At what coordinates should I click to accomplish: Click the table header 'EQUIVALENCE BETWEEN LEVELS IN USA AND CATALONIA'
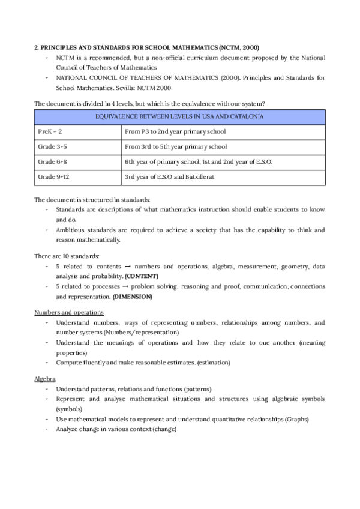[179, 116]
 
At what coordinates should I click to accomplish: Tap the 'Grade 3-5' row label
[52, 147]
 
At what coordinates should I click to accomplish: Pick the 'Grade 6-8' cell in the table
[52, 162]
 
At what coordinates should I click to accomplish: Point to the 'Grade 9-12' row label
[53, 177]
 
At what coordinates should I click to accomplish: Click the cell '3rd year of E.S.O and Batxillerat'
[170, 177]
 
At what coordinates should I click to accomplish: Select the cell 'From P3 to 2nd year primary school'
[175, 131]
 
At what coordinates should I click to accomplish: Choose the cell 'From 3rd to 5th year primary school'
[176, 147]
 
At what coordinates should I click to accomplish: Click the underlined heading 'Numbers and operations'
[69, 312]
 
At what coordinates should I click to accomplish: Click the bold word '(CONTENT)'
[142, 276]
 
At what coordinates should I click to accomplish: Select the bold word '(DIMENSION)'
[132, 297]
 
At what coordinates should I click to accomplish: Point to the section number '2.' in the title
[37, 47]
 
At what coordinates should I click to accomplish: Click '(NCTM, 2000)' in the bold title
[238, 47]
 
